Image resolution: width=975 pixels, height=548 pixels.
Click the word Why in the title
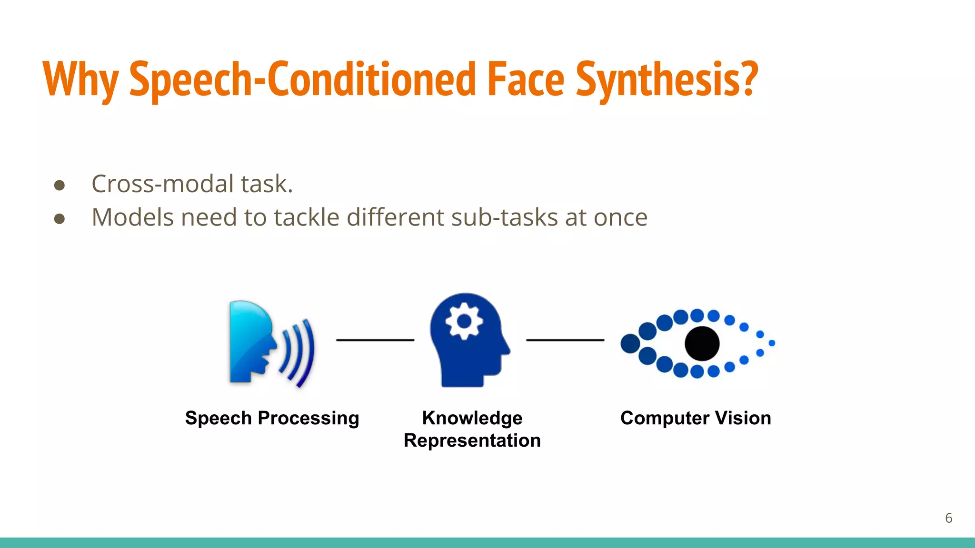(80, 80)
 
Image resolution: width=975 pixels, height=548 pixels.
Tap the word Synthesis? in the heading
(667, 80)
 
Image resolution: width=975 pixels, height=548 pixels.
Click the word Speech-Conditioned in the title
(302, 80)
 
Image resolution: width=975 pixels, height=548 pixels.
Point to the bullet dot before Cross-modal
(60, 185)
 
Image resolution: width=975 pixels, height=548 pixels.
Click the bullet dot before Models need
(60, 219)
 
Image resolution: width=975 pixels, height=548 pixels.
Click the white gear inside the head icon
(464, 322)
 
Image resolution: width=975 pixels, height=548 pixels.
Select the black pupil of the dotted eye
(702, 343)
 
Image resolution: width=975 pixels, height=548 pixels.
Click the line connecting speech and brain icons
(375, 340)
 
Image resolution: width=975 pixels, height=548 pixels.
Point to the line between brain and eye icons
(565, 340)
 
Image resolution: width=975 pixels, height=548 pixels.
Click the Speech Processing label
(272, 418)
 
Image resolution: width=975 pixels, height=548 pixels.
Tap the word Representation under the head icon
(472, 440)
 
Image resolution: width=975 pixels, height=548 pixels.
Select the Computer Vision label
(696, 418)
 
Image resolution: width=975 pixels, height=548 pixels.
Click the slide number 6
(948, 518)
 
